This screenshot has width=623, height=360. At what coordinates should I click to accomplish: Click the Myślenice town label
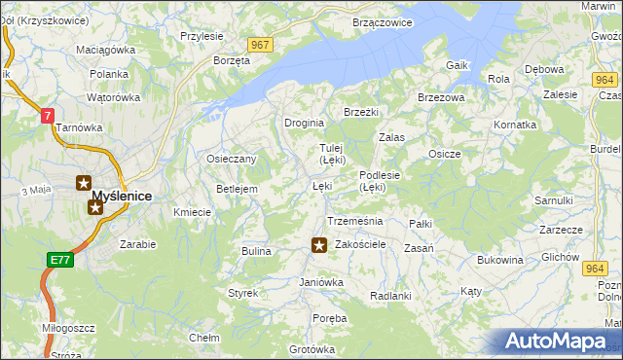tap(122, 196)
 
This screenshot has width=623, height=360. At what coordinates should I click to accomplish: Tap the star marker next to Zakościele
tap(318, 245)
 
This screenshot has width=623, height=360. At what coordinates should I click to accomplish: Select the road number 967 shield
tap(259, 45)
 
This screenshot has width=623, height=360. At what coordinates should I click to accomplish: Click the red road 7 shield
tap(46, 116)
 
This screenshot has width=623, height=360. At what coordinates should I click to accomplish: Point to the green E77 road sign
tap(59, 259)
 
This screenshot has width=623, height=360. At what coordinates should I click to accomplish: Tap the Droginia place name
tap(304, 123)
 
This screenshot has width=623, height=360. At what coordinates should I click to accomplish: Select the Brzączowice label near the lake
tap(383, 21)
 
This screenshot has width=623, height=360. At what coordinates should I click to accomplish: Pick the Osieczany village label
tap(231, 159)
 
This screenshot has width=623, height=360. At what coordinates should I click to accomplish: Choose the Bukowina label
tap(500, 260)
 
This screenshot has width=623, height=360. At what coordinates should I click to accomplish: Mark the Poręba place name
tap(329, 318)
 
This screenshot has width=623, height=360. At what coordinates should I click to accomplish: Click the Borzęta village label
tap(232, 59)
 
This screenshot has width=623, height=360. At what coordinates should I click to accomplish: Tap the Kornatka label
tap(515, 125)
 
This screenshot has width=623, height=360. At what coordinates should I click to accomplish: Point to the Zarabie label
tap(138, 244)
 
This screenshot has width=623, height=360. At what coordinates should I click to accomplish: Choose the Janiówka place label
tap(321, 282)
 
